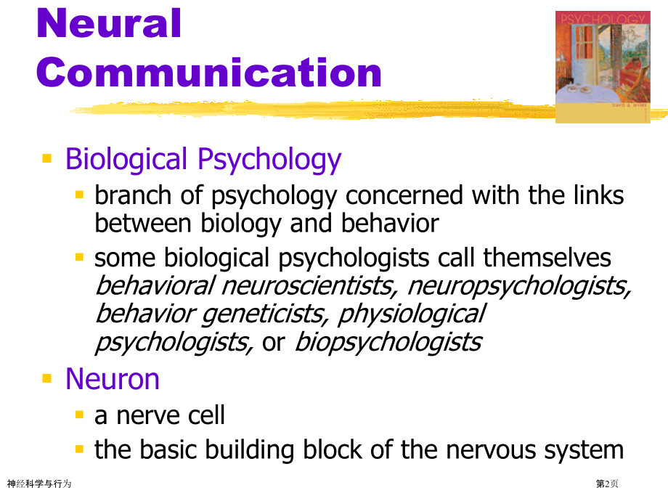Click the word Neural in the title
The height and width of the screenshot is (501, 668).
pyautogui.click(x=109, y=23)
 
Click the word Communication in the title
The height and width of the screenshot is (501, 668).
pyautogui.click(x=209, y=73)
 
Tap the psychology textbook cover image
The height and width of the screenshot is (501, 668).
pyautogui.click(x=603, y=67)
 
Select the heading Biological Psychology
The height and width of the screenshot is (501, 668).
pyautogui.click(x=203, y=160)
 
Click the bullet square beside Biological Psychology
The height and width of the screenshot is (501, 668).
pyautogui.click(x=47, y=158)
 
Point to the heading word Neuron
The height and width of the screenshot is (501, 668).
pyautogui.click(x=113, y=379)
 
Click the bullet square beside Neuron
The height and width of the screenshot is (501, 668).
pyautogui.click(x=47, y=378)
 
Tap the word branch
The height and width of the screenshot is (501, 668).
pyautogui.click(x=133, y=195)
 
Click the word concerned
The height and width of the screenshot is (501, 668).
pyautogui.click(x=404, y=195)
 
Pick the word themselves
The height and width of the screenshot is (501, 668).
pyautogui.click(x=547, y=258)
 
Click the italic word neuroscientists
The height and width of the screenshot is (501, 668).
pyautogui.click(x=310, y=285)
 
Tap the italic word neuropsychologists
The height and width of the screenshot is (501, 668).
pyautogui.click(x=519, y=287)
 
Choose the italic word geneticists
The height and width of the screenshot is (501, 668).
pyautogui.click(x=264, y=314)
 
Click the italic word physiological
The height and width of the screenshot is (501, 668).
pyautogui.click(x=412, y=314)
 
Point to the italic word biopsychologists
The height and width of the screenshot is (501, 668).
pyautogui.click(x=388, y=343)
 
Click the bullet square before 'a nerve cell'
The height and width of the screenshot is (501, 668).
pyautogui.click(x=79, y=415)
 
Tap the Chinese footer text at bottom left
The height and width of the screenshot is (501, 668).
pyautogui.click(x=39, y=484)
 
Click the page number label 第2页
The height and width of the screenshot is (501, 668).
pyautogui.click(x=607, y=484)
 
